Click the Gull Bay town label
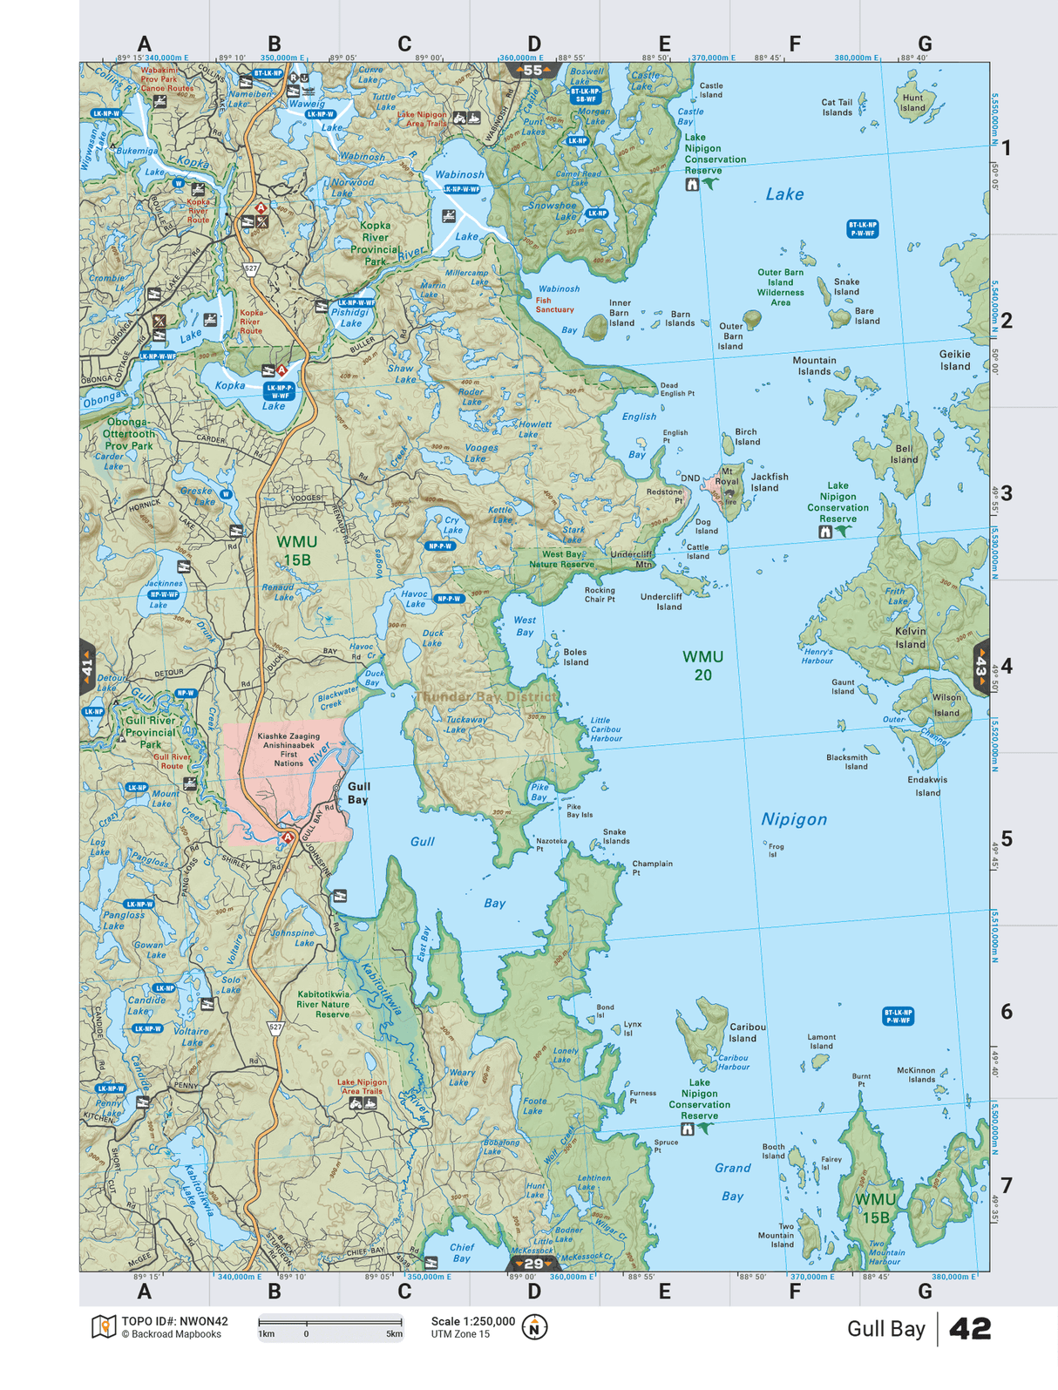point(358,792)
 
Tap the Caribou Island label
point(747,1032)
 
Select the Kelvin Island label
point(910,637)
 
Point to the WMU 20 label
point(702,665)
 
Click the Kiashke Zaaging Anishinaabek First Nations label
point(288,749)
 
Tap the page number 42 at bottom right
point(969,1328)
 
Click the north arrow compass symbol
point(534,1327)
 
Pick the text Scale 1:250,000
point(472,1321)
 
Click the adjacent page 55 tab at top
point(532,71)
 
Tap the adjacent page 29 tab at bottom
point(532,1263)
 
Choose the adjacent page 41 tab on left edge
point(87,668)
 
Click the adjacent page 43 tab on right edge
point(980,667)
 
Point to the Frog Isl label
point(775,850)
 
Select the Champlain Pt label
point(652,867)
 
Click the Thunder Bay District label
point(485,696)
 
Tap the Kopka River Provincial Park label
point(375,243)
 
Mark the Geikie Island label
point(954,360)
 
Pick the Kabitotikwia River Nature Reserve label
point(322,1004)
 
